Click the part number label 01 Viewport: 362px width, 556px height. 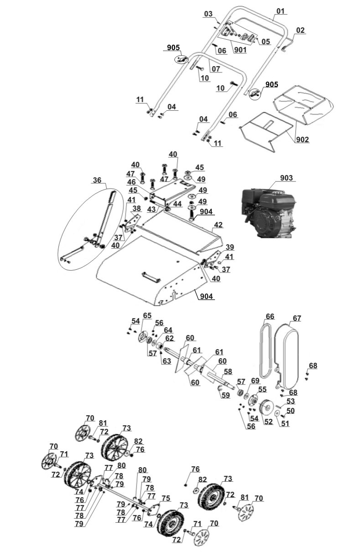click(x=280, y=11)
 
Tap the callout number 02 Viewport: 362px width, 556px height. click(x=300, y=31)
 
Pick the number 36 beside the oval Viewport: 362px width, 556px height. click(x=97, y=180)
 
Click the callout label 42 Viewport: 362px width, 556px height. click(x=218, y=225)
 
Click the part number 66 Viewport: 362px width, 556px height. click(x=270, y=316)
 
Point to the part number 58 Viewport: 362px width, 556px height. click(x=228, y=372)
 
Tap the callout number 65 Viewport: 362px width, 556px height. click(x=147, y=315)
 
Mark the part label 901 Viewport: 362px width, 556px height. click(x=240, y=50)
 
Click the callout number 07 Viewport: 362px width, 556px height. click(x=215, y=69)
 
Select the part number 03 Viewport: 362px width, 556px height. click(x=209, y=14)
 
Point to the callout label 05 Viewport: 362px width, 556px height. click(x=266, y=42)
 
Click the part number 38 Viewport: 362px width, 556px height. click(x=136, y=208)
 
